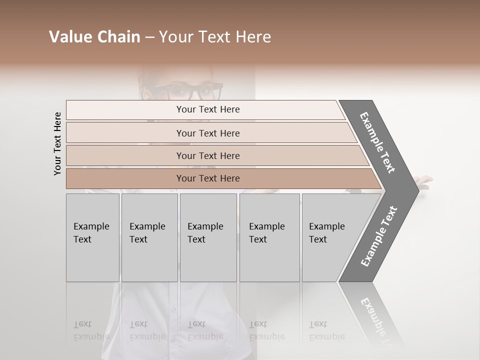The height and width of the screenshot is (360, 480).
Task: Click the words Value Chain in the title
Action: coord(94,37)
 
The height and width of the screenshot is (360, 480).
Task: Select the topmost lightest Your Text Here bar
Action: coord(207,109)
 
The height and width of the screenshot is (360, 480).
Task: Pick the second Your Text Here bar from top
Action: coord(207,133)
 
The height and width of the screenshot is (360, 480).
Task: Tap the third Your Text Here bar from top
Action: coord(207,155)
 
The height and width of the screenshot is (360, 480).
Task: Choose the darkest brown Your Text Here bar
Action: coord(207,178)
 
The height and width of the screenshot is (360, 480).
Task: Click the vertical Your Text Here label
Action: coord(57,143)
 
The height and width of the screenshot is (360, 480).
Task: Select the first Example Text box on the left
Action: coord(92,237)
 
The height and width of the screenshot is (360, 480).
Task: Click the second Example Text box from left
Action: coord(149,237)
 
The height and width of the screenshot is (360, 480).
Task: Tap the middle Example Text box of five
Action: coord(208,237)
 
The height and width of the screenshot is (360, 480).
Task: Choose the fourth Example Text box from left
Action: coord(269,237)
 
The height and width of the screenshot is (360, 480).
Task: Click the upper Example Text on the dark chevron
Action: coord(377,142)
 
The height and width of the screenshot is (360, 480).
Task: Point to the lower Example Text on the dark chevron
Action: coord(379,236)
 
